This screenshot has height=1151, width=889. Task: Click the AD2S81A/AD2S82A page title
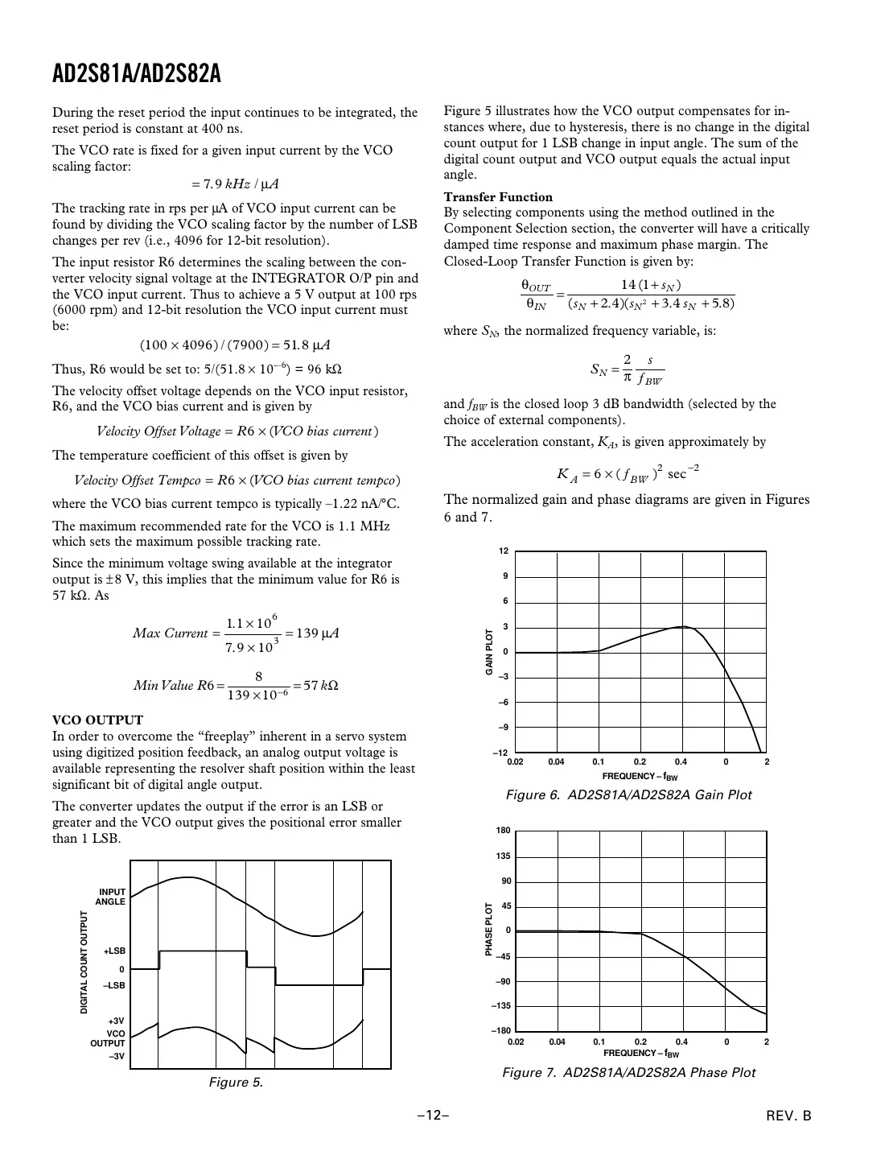point(136,76)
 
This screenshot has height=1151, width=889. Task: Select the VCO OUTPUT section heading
point(97,720)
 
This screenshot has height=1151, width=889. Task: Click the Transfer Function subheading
point(498,197)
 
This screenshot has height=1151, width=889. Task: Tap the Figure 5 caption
point(236,1083)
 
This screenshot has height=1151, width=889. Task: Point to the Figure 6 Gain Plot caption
point(628,795)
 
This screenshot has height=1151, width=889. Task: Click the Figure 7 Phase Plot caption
point(628,1072)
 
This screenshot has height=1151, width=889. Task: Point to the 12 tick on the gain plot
point(504,551)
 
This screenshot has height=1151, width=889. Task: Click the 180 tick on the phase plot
point(503,831)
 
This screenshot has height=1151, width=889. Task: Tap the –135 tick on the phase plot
point(500,1006)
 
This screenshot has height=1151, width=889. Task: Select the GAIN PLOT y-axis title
point(488,652)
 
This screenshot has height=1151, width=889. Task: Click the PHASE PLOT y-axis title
point(488,930)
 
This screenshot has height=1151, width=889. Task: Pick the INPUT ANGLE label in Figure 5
point(111,897)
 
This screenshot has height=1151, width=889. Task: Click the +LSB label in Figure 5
point(114,951)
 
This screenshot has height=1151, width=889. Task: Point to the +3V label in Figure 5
point(116,1021)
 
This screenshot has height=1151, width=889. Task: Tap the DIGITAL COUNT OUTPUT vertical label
point(84,963)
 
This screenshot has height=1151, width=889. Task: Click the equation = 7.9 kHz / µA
point(234,184)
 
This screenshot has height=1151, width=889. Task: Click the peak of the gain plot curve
point(682,626)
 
